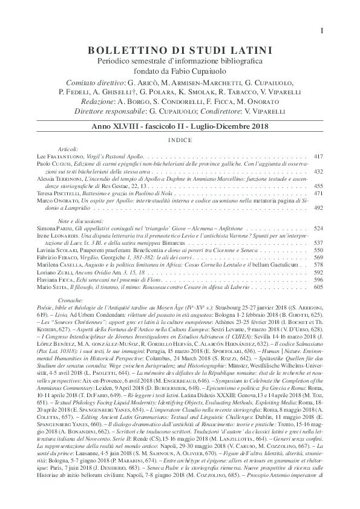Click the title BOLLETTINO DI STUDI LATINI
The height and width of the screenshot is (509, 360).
pyautogui.click(x=180, y=50)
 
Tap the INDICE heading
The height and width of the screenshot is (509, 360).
pyautogui.click(x=180, y=139)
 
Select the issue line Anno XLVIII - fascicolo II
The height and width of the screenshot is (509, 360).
pyautogui.click(x=180, y=129)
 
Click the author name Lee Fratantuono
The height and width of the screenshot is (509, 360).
pyautogui.click(x=52, y=156)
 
